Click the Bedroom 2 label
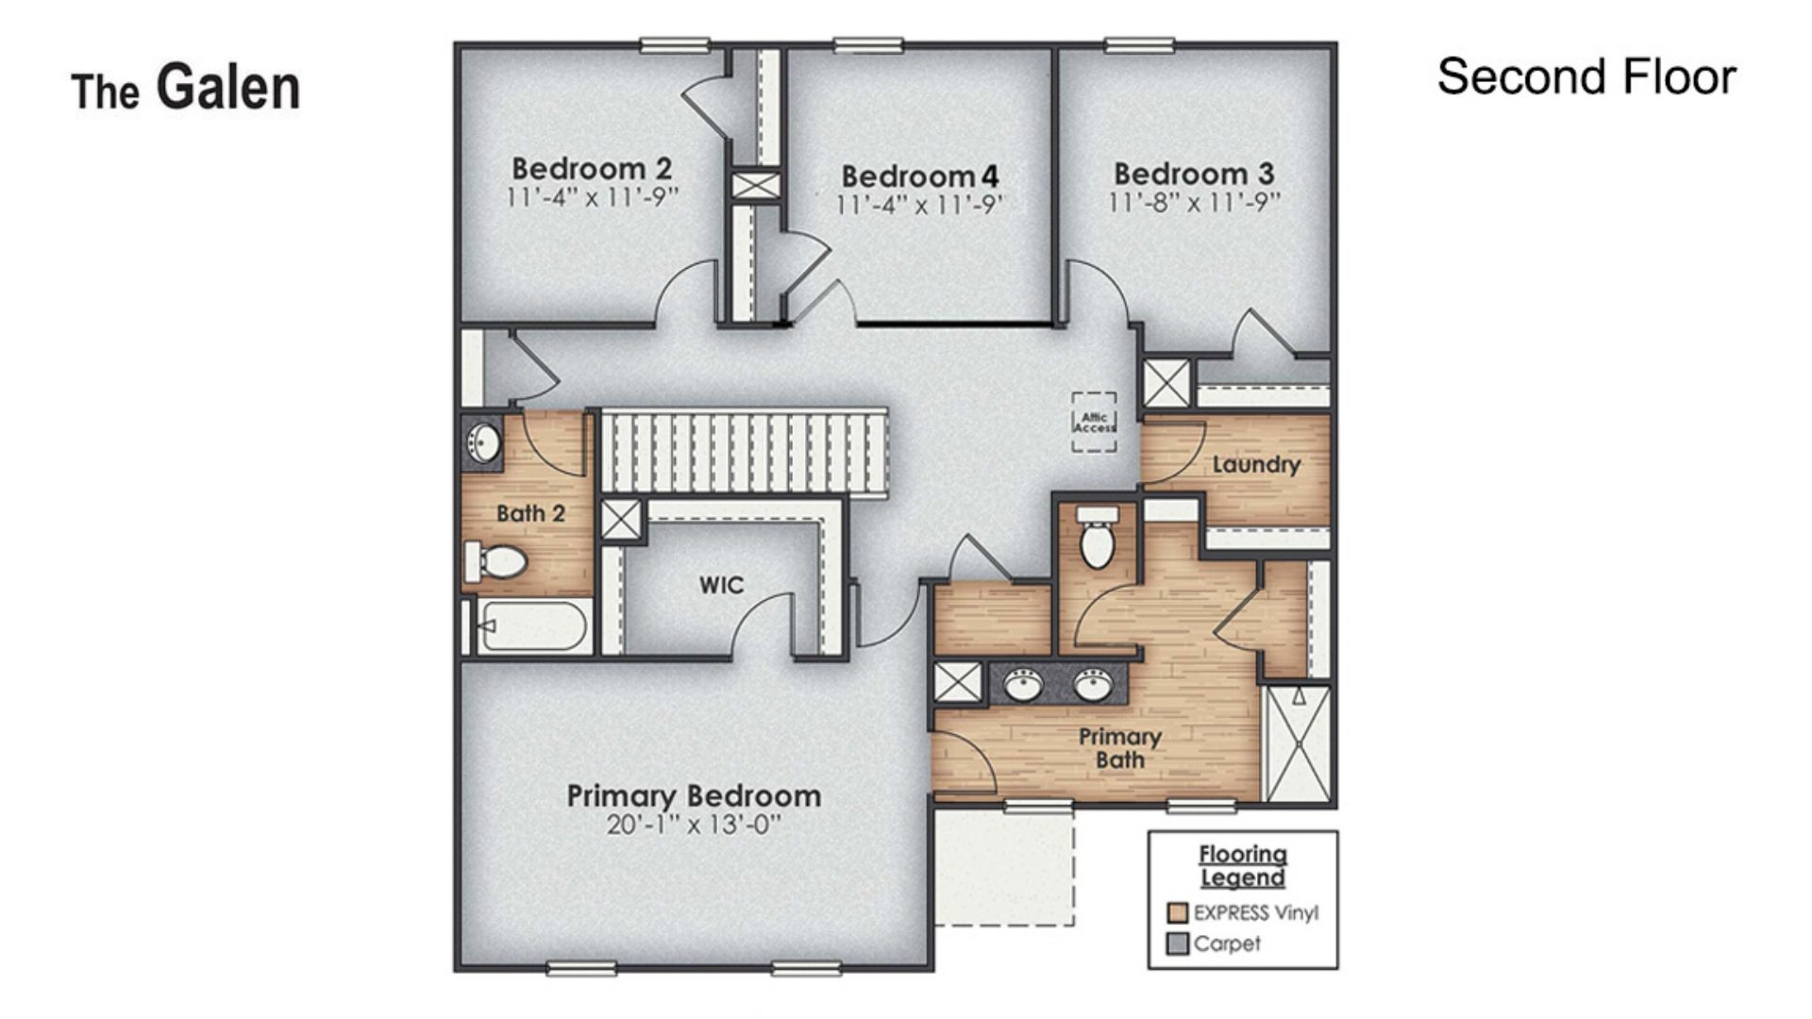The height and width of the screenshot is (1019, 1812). pos(592,169)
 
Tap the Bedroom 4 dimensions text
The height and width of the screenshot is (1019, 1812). pos(919,205)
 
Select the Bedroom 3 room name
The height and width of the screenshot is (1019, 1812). pos(1194,174)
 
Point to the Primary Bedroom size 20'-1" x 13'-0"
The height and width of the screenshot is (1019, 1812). pos(694,826)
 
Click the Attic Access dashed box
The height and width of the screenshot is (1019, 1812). pos(1094,422)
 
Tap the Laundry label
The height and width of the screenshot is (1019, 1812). pos(1255,464)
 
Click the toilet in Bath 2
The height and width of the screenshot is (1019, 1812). pos(496,561)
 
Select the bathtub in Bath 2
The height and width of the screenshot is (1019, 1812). pos(533,625)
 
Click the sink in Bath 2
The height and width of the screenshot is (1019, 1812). pos(484,442)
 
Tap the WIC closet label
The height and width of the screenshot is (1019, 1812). pos(721,585)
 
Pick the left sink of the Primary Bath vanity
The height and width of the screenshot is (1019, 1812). pos(1023,684)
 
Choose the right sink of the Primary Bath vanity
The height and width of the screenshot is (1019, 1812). pos(1093,684)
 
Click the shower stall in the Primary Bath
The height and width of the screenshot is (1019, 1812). pos(1298,743)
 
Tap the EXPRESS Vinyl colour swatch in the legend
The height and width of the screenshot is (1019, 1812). pos(1177,912)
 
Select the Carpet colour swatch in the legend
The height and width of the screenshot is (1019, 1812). pos(1177,944)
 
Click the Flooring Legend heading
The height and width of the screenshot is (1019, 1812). pos(1242,865)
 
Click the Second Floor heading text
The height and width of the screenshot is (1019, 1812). pos(1585,76)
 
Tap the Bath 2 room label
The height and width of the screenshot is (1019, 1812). pos(530,513)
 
